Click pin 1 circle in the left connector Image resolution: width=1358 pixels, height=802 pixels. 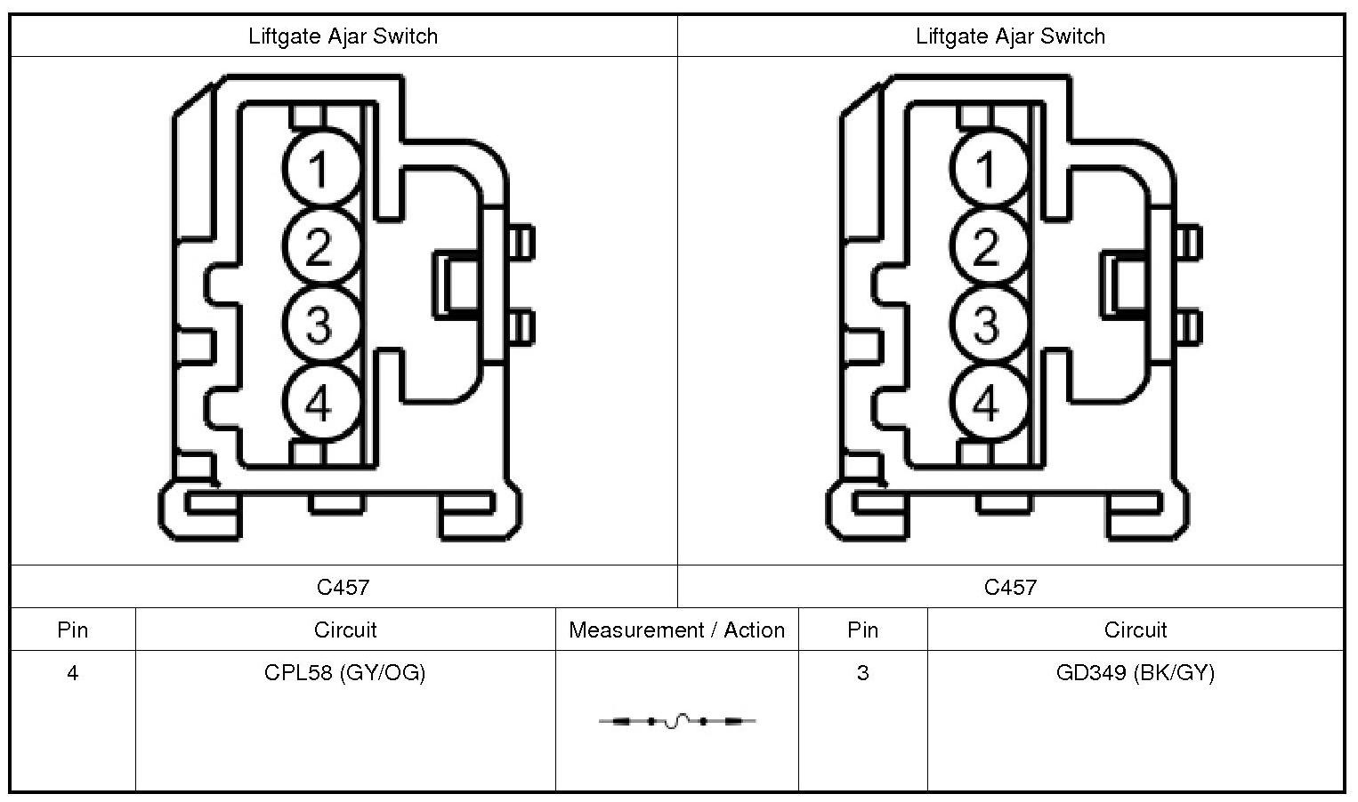(x=319, y=167)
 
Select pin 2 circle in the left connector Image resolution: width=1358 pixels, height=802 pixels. (x=319, y=246)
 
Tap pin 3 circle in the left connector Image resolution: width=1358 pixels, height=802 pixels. (x=319, y=325)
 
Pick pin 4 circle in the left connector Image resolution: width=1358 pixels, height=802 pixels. (x=319, y=404)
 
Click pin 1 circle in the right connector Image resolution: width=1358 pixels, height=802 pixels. (x=986, y=167)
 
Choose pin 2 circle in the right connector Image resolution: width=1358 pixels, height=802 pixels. (x=986, y=246)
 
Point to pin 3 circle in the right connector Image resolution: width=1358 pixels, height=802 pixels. (x=986, y=325)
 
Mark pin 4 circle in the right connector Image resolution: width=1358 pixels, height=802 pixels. (x=986, y=404)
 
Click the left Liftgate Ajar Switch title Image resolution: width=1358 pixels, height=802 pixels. (x=344, y=36)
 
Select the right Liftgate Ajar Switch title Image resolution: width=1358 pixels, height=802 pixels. (x=1010, y=36)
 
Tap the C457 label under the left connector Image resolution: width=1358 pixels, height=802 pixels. (x=343, y=587)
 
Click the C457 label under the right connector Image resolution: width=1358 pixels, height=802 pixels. (x=1010, y=587)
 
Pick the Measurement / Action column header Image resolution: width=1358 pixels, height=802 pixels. (x=676, y=630)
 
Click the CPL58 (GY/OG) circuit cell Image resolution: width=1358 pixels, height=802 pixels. (x=345, y=673)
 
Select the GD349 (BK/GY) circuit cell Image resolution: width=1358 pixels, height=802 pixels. (x=1135, y=673)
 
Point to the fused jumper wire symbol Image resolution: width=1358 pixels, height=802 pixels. (x=677, y=721)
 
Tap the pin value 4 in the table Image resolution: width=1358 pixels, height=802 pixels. (x=72, y=673)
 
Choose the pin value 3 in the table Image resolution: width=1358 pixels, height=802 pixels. (x=862, y=673)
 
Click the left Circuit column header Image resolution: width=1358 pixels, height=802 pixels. (x=345, y=630)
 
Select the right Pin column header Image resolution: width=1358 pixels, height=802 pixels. (x=862, y=630)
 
